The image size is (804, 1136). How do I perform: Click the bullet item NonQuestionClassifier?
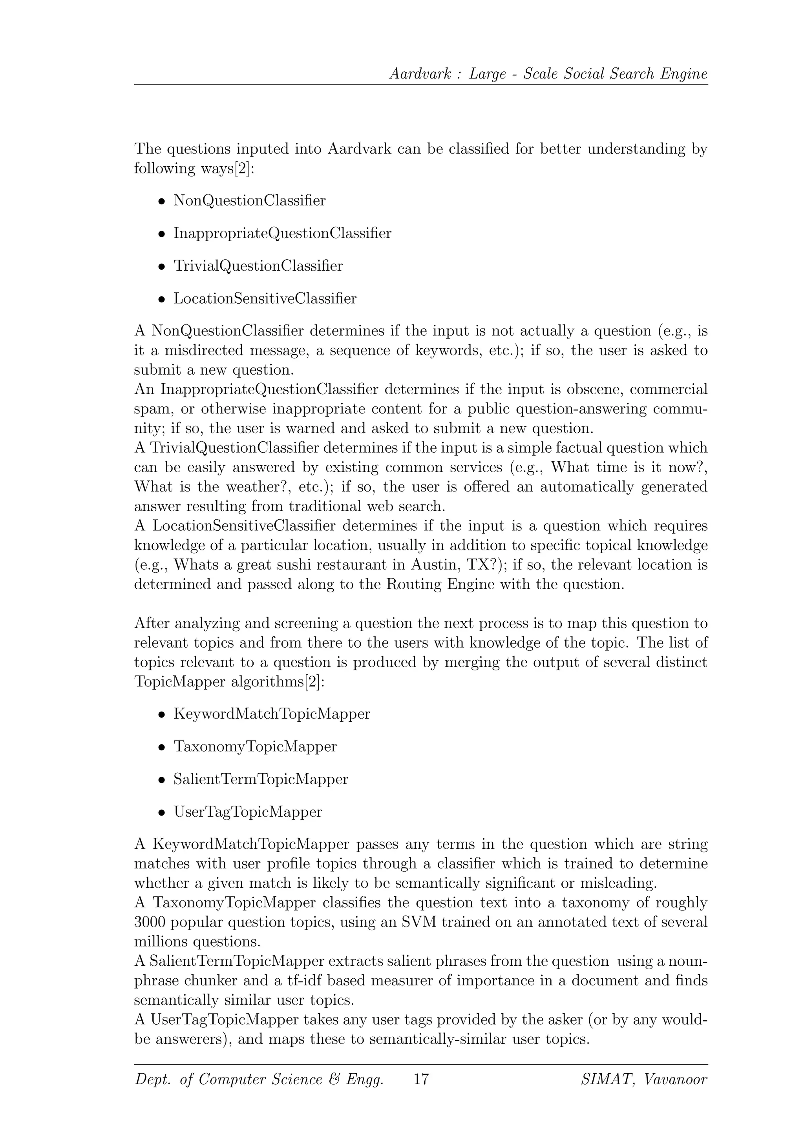250,200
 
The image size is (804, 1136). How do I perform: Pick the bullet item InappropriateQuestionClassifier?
282,233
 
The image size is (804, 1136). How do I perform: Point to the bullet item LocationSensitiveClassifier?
265,299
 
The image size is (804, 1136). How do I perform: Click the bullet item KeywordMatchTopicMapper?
271,714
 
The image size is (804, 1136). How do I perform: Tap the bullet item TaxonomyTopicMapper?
255,746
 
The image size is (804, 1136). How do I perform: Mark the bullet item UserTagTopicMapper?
248,812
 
